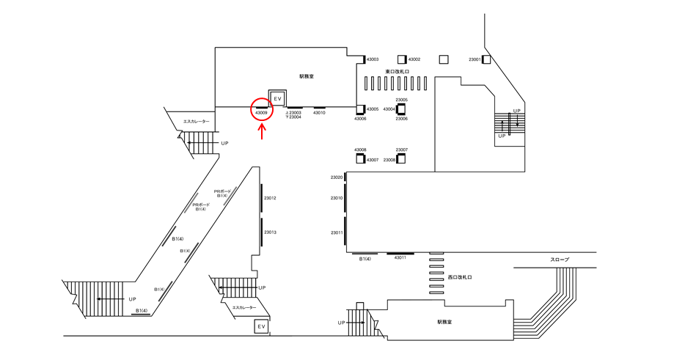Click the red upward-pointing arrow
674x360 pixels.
point(262,131)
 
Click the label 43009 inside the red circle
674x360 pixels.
point(262,113)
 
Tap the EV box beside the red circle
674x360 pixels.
point(277,98)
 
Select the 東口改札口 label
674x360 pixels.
point(397,72)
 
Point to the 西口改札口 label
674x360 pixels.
point(460,278)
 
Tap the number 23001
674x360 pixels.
point(475,59)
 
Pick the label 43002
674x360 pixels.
point(414,59)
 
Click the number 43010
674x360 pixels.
point(319,113)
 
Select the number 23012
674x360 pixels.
point(270,198)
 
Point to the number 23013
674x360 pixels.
point(270,232)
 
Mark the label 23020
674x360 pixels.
point(337,177)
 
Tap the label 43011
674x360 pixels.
point(400,258)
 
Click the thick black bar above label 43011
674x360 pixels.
point(400,253)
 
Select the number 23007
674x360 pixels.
point(402,150)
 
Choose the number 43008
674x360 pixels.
point(360,150)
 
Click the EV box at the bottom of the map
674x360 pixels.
point(260,326)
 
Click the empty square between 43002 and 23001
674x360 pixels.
point(443,59)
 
